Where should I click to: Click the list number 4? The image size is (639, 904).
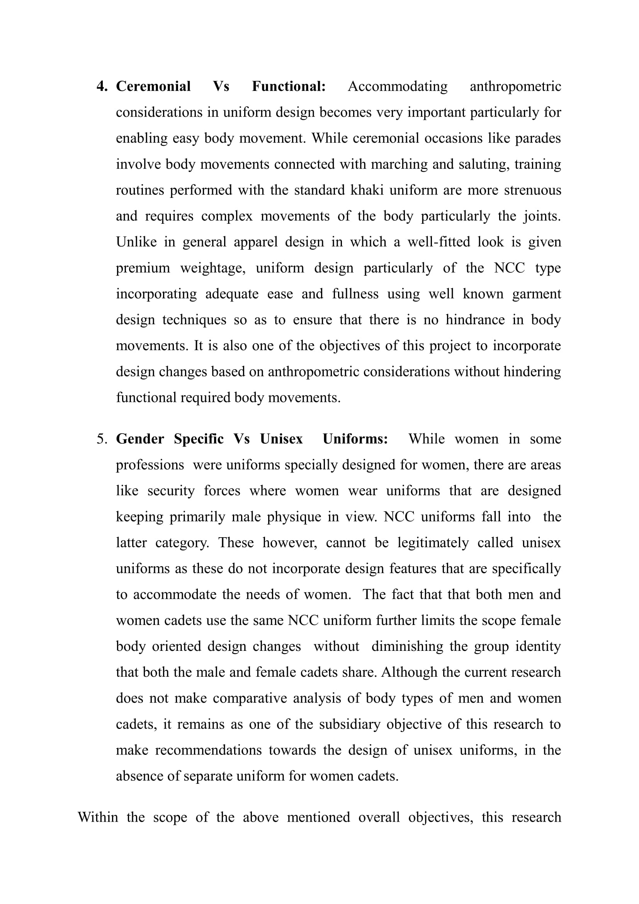tap(102, 87)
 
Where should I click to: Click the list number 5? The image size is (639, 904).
tap(102, 439)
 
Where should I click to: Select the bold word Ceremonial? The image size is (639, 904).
tap(153, 87)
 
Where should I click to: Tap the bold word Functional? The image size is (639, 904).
tap(289, 87)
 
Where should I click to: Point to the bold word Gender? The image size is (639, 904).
tap(140, 439)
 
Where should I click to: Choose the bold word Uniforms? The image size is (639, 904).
tap(355, 439)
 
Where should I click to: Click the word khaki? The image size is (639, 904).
tap(367, 190)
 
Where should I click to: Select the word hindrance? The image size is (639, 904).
tap(475, 320)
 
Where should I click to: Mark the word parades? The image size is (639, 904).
tap(538, 138)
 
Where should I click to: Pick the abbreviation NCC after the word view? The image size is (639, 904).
tap(399, 517)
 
